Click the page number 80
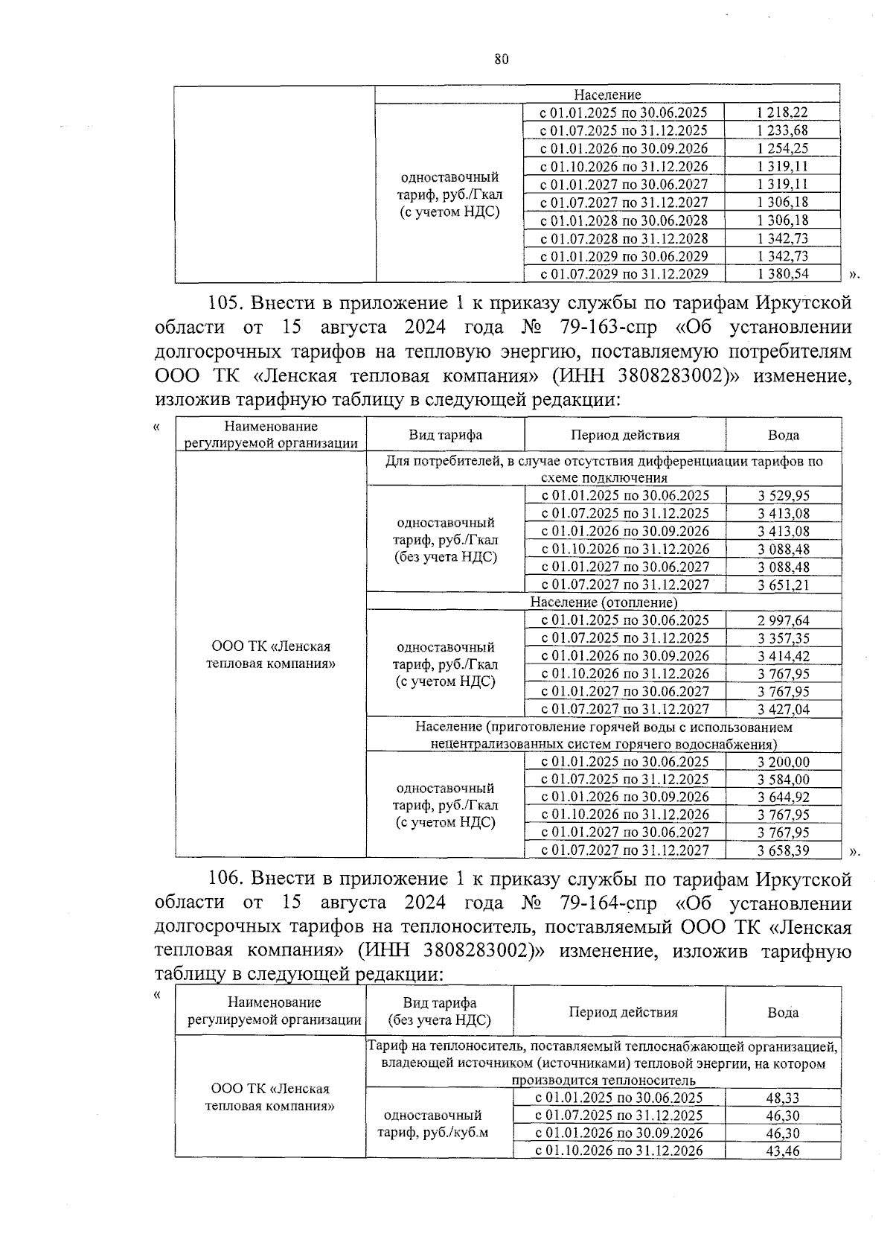tap(501, 60)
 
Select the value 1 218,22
tap(782, 112)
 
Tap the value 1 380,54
tap(782, 274)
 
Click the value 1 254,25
tap(782, 148)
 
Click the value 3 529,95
tap(784, 496)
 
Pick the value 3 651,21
tap(784, 585)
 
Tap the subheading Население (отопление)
tap(604, 602)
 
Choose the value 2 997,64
tap(784, 620)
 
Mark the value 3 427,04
tap(784, 710)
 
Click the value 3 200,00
tap(784, 762)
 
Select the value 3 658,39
tap(784, 850)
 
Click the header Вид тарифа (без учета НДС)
tap(439, 1012)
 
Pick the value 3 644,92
tap(784, 798)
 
